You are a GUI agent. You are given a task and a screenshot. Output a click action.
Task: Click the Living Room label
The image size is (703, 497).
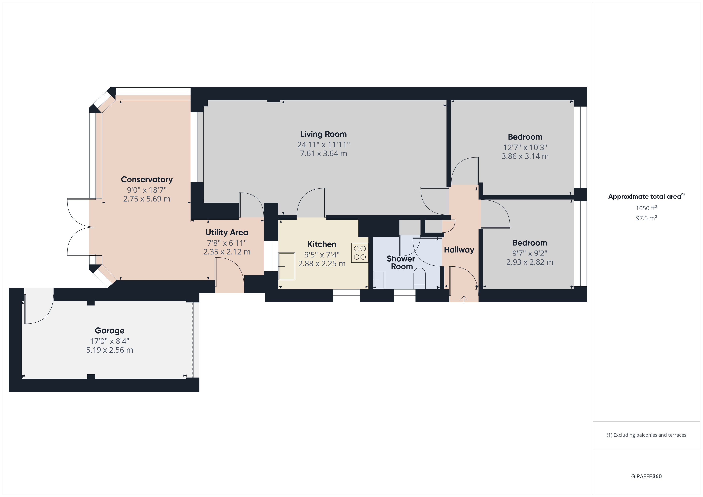(323, 134)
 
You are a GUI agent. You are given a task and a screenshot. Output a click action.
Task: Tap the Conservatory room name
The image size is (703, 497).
(147, 179)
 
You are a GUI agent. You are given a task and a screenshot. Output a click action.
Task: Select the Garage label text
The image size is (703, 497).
(110, 331)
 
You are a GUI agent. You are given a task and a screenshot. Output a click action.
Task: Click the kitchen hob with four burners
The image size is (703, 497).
(360, 253)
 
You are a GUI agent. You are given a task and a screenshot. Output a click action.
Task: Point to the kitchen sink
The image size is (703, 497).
(287, 266)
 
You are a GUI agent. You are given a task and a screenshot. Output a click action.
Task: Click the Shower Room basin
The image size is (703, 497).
(379, 280)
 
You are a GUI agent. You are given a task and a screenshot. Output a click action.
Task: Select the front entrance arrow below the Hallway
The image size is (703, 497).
(464, 299)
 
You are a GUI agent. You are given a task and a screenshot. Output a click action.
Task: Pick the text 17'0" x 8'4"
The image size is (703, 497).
(110, 341)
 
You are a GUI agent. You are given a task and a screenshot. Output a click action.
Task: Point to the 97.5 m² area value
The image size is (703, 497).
(646, 218)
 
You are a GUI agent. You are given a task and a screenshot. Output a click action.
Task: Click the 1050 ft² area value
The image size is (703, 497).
(646, 208)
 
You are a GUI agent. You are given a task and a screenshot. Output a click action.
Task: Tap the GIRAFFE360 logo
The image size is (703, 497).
(646, 476)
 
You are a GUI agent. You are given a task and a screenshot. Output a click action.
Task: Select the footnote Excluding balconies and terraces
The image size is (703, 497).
(646, 435)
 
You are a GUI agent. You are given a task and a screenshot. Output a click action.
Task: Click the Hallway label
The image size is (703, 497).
(459, 250)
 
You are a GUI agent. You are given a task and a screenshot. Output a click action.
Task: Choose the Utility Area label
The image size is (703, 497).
(227, 233)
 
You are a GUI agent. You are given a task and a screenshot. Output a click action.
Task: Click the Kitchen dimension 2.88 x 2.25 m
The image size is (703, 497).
(322, 263)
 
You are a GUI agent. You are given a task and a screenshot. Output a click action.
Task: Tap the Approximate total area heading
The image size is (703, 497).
(645, 197)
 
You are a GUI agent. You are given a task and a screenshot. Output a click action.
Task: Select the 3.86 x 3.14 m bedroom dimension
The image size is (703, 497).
(525, 156)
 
